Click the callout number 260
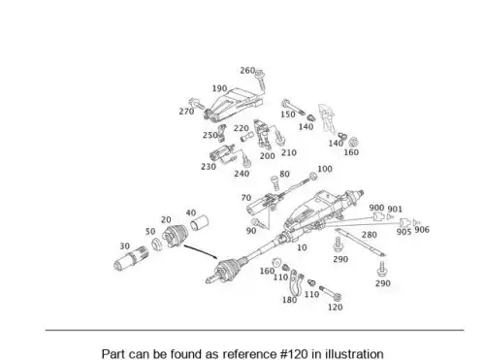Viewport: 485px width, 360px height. tap(247, 71)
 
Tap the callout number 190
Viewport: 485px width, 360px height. tap(219, 88)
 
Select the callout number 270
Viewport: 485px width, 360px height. tap(186, 112)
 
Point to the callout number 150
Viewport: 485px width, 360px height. tap(288, 115)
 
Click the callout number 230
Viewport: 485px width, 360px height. tap(209, 167)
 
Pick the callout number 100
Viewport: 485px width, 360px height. tap(325, 169)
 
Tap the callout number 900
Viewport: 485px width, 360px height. tap(376, 208)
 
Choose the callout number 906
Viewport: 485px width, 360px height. tap(422, 229)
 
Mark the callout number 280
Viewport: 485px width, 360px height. tap(370, 235)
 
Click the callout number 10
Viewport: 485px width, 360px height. tap(302, 247)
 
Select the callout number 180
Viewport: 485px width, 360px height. tap(289, 300)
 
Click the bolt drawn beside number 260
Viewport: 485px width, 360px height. tap(260, 80)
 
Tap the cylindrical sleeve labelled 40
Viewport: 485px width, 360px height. tap(199, 223)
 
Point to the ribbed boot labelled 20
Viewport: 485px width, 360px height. tap(175, 236)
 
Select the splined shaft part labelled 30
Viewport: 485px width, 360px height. tap(131, 258)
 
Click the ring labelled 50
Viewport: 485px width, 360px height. tap(157, 244)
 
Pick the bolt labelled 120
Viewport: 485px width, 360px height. tap(331, 292)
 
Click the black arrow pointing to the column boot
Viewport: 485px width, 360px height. tap(201, 252)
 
